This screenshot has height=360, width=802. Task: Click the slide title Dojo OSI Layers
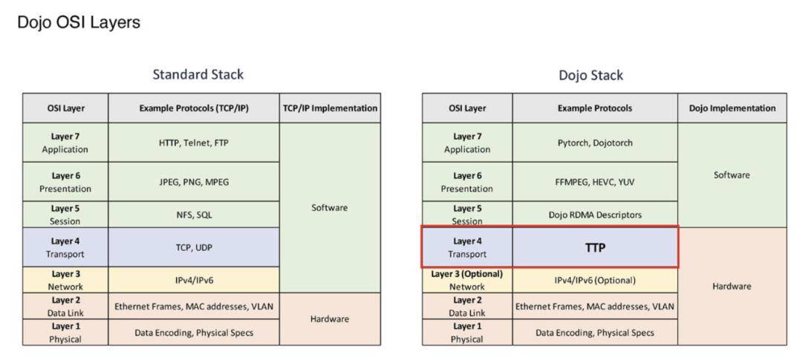(x=79, y=22)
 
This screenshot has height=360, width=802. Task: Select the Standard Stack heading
(x=198, y=75)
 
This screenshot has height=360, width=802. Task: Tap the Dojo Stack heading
(x=591, y=76)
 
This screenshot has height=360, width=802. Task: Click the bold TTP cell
(x=596, y=247)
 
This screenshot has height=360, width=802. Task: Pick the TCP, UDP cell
(x=194, y=247)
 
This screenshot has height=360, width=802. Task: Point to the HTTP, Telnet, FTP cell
(x=194, y=143)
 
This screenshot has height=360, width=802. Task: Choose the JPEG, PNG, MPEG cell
(x=194, y=182)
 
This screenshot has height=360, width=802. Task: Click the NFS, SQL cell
(x=194, y=215)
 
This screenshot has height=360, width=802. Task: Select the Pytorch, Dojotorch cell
(x=596, y=143)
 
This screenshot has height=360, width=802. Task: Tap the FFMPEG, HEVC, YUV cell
(x=596, y=182)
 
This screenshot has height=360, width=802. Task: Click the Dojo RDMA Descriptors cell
(x=596, y=215)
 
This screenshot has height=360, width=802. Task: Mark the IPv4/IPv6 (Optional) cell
(x=596, y=281)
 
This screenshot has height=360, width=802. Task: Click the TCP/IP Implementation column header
(x=330, y=108)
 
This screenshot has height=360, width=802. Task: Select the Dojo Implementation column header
(x=732, y=108)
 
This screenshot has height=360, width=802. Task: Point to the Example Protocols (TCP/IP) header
(x=194, y=108)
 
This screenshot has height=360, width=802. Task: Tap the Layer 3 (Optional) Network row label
(x=467, y=281)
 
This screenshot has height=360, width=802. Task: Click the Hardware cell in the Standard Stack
(x=330, y=318)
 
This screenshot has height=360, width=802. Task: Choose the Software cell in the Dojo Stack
(x=732, y=175)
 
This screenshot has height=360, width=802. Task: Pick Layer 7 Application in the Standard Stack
(x=65, y=143)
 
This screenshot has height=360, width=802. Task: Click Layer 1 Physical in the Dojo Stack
(x=467, y=332)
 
